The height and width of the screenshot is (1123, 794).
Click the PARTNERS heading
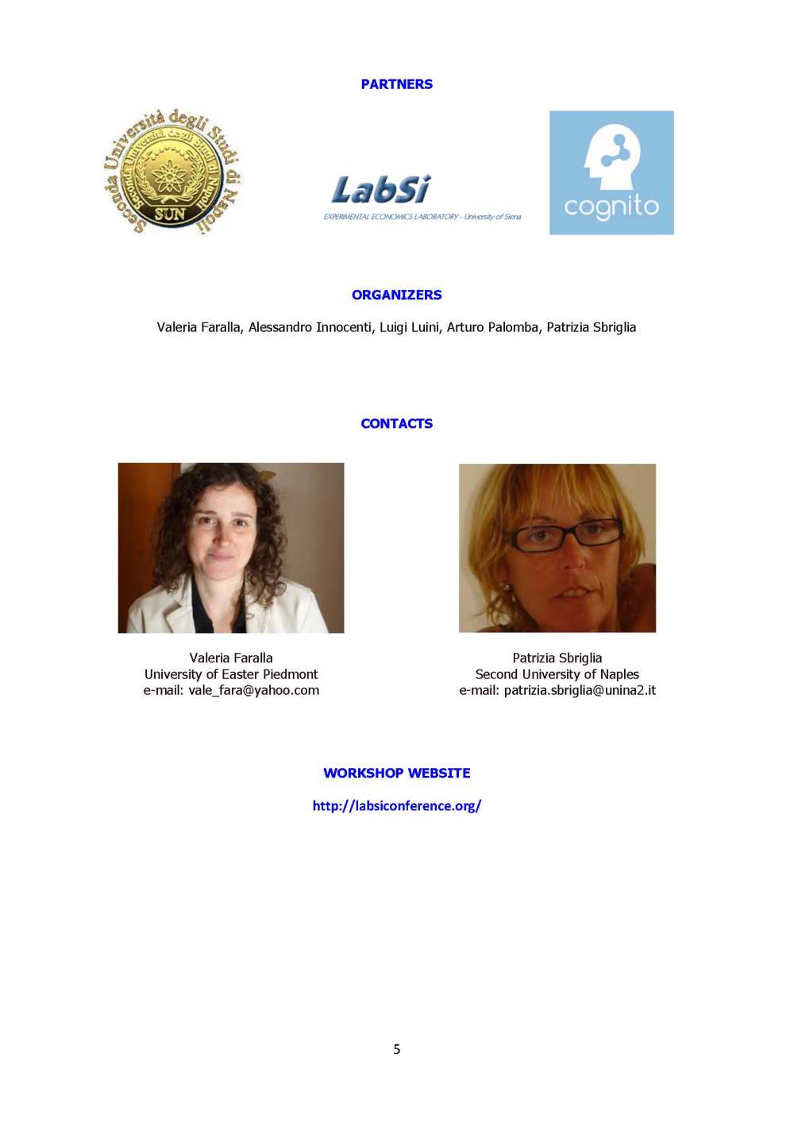[396, 84]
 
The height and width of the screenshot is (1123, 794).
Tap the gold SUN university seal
[172, 172]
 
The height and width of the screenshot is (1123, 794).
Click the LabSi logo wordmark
[380, 191]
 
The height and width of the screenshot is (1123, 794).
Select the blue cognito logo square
[611, 173]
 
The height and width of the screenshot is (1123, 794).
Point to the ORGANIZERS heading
[396, 295]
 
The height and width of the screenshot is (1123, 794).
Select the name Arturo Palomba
[492, 327]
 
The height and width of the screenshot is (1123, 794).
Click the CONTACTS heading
[396, 423]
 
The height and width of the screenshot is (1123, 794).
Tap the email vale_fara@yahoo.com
[253, 690]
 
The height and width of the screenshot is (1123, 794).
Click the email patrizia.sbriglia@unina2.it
[580, 690]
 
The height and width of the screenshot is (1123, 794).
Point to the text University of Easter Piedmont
[231, 674]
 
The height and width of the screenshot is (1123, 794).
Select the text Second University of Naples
[557, 674]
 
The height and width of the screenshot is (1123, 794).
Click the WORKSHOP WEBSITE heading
[396, 773]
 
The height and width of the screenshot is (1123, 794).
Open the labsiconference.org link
[396, 805]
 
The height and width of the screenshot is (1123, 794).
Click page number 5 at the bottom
[397, 1049]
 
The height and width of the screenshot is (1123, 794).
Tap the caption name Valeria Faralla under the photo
[231, 658]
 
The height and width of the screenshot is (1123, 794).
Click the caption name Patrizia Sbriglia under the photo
[557, 658]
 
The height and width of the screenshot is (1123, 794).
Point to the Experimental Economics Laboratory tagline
[422, 217]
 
